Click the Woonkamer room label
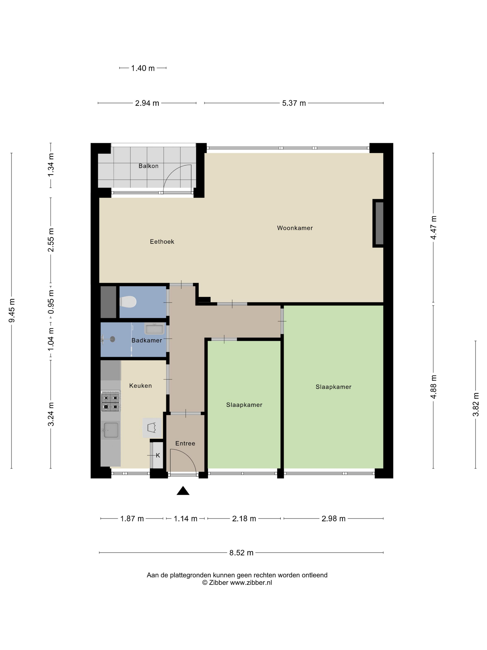click(295, 228)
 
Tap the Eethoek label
click(162, 242)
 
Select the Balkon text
click(149, 166)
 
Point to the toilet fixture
click(128, 302)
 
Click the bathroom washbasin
click(154, 328)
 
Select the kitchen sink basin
click(111, 430)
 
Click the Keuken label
click(141, 386)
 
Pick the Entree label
click(185, 443)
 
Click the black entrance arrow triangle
click(183, 491)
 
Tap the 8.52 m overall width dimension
click(241, 553)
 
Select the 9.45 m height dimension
click(12, 310)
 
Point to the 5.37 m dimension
click(294, 103)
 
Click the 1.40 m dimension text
click(143, 68)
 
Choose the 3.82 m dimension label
click(476, 405)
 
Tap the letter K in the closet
click(158, 455)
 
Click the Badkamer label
click(147, 341)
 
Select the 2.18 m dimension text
click(244, 519)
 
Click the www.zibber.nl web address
click(251, 582)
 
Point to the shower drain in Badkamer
click(112, 339)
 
